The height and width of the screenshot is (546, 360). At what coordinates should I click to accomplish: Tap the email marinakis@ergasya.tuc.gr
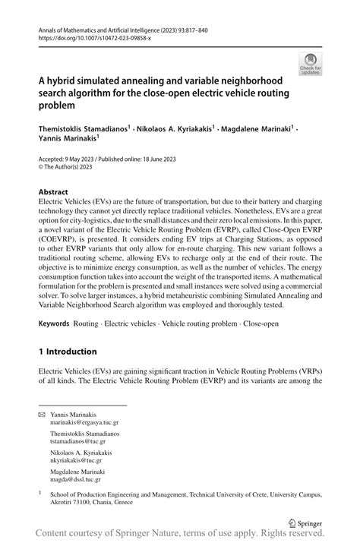(84, 423)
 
